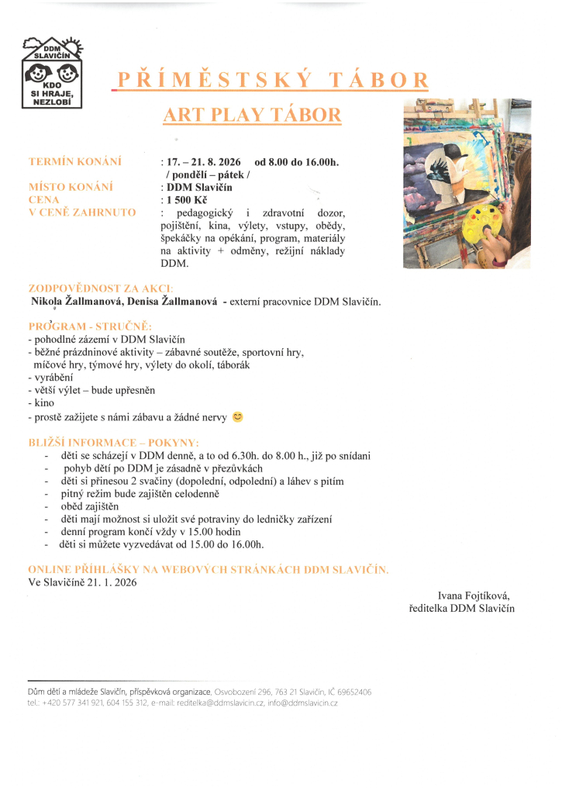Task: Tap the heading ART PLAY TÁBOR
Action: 252,116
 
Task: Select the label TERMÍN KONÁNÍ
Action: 75,162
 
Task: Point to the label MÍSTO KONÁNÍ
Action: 71,187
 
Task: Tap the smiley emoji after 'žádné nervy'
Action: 238,417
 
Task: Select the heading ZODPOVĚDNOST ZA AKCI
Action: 101,288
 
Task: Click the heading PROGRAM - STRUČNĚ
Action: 91,326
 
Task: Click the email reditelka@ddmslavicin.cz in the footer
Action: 221,703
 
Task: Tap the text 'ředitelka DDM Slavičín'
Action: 461,609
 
